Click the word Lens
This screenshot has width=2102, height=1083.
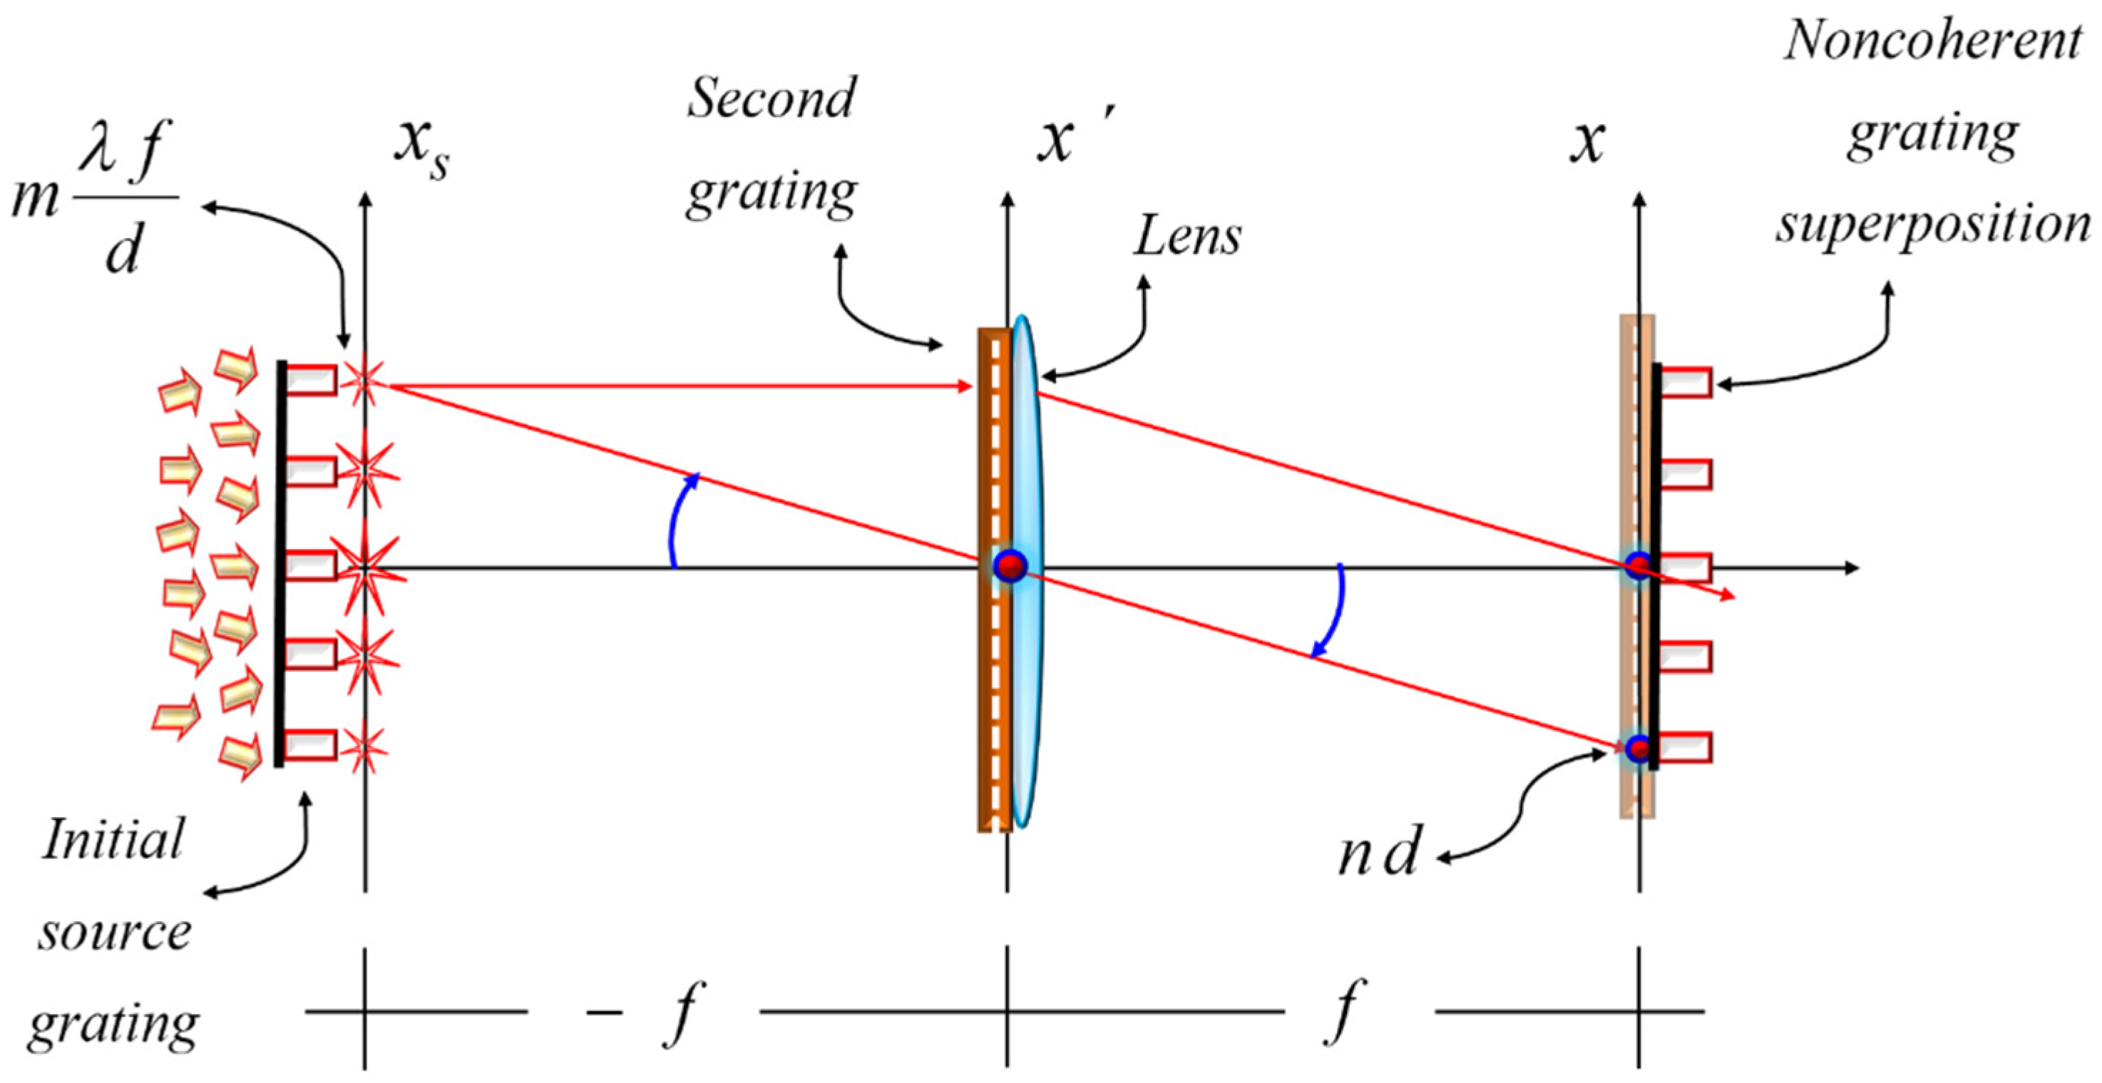point(1187,237)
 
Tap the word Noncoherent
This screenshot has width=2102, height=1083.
point(1932,41)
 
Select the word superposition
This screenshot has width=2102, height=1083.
point(1933,225)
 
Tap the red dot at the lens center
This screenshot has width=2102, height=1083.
point(1010,565)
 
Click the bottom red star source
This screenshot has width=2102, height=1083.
point(363,748)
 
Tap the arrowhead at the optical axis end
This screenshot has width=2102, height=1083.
point(1851,568)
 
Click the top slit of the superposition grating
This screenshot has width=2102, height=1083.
point(1686,382)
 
